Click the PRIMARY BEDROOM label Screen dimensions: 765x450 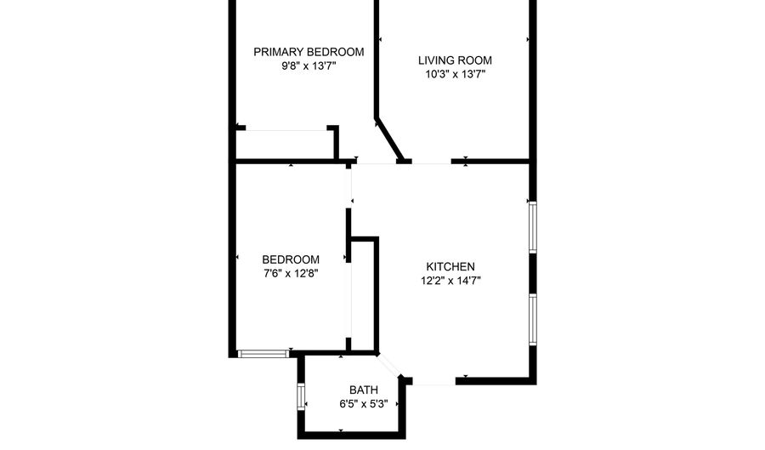click(x=309, y=52)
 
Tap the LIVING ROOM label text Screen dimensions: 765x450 click(x=455, y=60)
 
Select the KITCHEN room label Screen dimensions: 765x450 click(x=450, y=266)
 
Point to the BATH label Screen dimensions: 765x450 click(x=364, y=390)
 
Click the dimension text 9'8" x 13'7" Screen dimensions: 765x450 click(x=309, y=66)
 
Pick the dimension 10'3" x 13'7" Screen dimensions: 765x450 click(x=455, y=74)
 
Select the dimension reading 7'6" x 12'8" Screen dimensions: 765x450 click(x=291, y=273)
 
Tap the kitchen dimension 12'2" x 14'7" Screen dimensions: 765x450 click(x=450, y=281)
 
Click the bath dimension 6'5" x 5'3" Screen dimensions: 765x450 click(x=364, y=404)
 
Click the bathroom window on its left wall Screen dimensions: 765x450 click(x=301, y=396)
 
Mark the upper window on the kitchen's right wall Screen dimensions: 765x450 click(x=533, y=227)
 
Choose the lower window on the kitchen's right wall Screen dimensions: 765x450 click(x=533, y=320)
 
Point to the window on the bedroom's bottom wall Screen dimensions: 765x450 click(x=263, y=354)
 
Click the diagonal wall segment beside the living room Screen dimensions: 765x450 click(x=388, y=139)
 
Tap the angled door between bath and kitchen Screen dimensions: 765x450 click(x=388, y=366)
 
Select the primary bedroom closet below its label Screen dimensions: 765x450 click(x=286, y=145)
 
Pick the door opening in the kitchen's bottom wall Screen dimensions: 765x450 click(x=434, y=381)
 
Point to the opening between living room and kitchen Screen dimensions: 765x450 click(x=431, y=162)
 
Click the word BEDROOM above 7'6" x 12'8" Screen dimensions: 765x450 click(x=291, y=259)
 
